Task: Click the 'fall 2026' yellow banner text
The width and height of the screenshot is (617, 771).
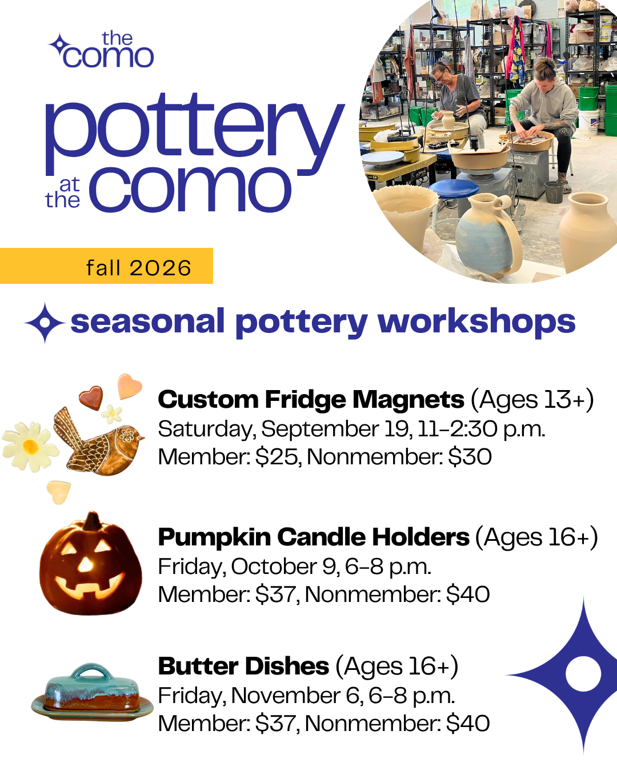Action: click(139, 268)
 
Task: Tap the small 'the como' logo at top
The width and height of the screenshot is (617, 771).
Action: click(101, 50)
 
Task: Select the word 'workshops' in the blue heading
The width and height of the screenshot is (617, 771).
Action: click(476, 321)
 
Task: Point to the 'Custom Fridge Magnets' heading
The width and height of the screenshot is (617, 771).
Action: click(311, 399)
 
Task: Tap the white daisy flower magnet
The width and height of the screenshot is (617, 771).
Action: click(30, 447)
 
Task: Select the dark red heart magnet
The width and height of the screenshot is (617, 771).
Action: click(91, 397)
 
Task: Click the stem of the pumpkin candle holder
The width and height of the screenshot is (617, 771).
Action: click(93, 521)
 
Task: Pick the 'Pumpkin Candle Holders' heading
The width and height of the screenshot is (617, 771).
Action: click(313, 537)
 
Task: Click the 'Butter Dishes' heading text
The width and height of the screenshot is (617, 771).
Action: click(243, 666)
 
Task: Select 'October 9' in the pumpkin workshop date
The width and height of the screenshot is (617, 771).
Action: click(284, 567)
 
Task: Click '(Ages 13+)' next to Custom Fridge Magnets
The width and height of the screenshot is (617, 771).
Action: click(532, 399)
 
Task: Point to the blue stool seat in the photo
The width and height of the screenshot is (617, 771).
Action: click(454, 188)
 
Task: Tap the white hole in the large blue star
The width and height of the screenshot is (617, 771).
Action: click(583, 673)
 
